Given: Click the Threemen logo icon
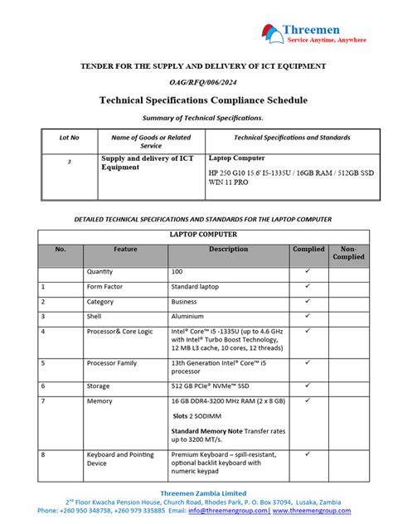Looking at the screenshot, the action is pyautogui.click(x=271, y=32).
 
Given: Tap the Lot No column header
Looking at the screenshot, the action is pyautogui.click(x=69, y=138).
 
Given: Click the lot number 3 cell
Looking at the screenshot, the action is pyautogui.click(x=69, y=162).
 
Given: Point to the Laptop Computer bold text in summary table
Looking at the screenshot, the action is pyautogui.click(x=237, y=158).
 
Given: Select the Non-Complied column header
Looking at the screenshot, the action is pyautogui.click(x=348, y=253).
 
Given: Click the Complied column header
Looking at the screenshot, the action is pyautogui.click(x=308, y=249).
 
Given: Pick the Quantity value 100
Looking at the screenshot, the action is pyautogui.click(x=177, y=272).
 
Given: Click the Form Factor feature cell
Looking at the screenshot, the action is pyautogui.click(x=105, y=286).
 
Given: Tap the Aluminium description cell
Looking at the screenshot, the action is pyautogui.click(x=188, y=316).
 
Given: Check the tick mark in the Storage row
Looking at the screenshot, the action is pyautogui.click(x=308, y=385).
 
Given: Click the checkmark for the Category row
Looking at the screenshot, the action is pyautogui.click(x=308, y=301).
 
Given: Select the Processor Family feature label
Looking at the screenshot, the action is pyautogui.click(x=112, y=362).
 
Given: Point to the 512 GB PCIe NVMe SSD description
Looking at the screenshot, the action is pyautogui.click(x=210, y=386).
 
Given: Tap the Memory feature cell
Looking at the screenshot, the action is pyautogui.click(x=99, y=400).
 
